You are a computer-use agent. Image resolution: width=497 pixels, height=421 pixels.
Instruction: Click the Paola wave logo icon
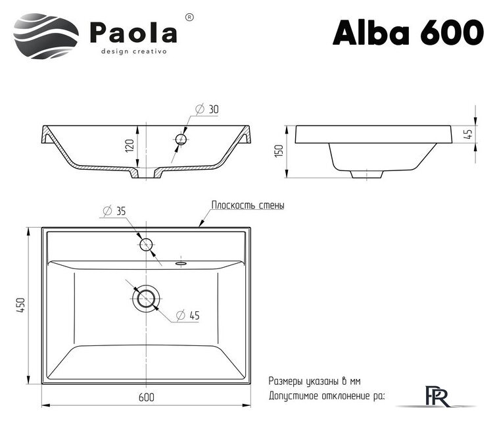(x=45, y=33)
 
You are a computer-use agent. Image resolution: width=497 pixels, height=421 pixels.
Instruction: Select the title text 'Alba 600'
(x=408, y=31)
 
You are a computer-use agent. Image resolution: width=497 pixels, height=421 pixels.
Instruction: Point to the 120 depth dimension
(x=130, y=146)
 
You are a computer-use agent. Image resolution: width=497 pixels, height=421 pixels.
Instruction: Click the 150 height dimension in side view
(x=278, y=151)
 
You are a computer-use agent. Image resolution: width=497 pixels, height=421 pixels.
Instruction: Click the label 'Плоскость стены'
(x=247, y=205)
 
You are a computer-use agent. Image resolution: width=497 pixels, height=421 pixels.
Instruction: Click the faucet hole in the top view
(x=146, y=245)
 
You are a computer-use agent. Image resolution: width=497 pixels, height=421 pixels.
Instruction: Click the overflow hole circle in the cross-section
(x=181, y=139)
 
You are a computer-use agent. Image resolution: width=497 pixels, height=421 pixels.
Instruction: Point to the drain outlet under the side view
(x=366, y=174)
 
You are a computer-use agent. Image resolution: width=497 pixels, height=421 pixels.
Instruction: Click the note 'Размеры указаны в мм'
(x=314, y=381)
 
